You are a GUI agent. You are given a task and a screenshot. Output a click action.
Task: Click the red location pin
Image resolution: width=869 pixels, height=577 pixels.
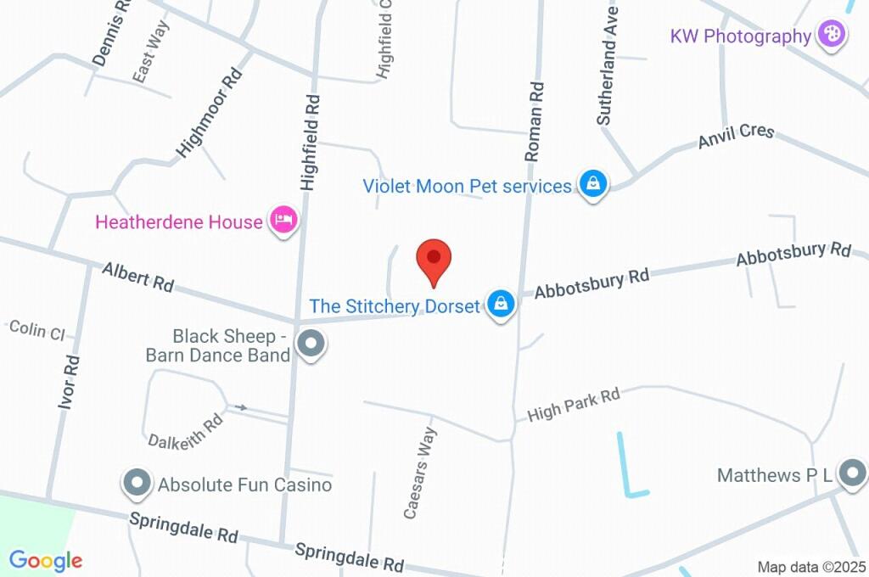click(x=434, y=260)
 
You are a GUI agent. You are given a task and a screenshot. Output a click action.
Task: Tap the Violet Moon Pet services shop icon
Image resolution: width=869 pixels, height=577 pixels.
click(x=592, y=184)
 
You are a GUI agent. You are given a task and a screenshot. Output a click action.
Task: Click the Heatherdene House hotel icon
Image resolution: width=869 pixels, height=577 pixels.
click(x=283, y=221)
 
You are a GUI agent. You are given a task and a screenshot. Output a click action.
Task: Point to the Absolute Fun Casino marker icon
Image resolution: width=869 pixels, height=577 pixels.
click(x=137, y=484)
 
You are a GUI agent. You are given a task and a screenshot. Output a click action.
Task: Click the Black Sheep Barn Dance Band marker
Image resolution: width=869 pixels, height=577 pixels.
click(x=311, y=345)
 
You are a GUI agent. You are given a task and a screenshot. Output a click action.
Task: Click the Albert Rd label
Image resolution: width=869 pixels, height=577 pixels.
click(x=137, y=277)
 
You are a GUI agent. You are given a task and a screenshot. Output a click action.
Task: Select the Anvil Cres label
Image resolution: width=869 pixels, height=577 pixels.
click(x=736, y=137)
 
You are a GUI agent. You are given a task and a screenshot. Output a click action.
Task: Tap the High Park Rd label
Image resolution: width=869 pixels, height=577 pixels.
click(x=574, y=406)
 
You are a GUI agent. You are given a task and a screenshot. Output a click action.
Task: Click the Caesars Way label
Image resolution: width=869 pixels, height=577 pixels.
click(x=420, y=473)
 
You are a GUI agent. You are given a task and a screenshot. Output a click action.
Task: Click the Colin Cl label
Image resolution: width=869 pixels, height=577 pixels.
click(x=36, y=329)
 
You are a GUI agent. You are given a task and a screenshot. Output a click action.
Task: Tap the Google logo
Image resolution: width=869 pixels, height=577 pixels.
click(x=46, y=560)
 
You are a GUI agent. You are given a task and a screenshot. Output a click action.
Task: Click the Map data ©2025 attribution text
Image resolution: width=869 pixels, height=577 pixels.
click(x=811, y=567)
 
